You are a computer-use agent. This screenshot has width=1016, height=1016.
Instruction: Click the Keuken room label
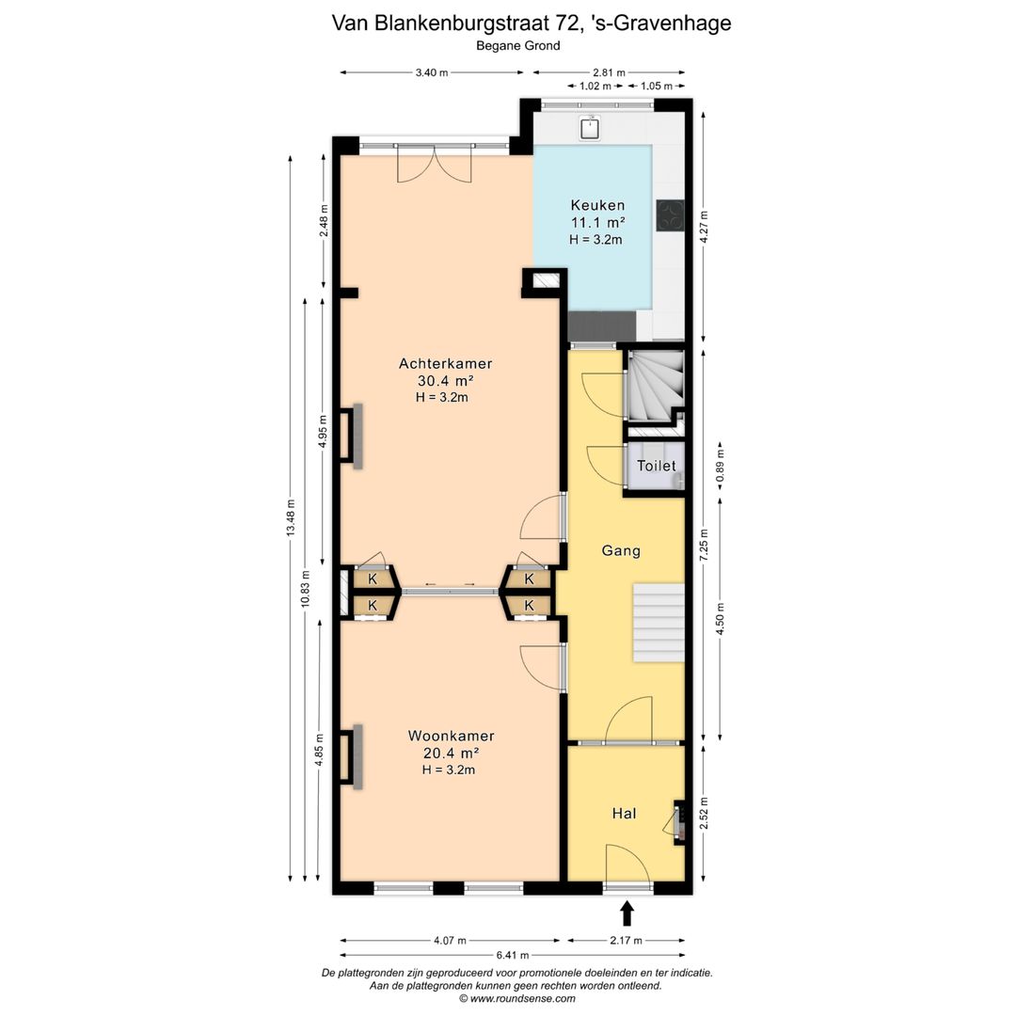pyautogui.click(x=597, y=205)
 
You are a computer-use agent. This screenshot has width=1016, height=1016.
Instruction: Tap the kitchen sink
pyautogui.click(x=590, y=128)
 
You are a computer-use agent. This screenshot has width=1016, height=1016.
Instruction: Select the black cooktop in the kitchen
pyautogui.click(x=670, y=215)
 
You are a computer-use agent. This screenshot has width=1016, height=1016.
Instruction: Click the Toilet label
pyautogui.click(x=656, y=466)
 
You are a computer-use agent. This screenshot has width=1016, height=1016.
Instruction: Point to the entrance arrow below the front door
pyautogui.click(x=627, y=913)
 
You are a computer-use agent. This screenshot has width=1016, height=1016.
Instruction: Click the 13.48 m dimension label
pyautogui.click(x=291, y=517)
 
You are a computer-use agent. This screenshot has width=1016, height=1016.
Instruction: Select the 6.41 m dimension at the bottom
pyautogui.click(x=513, y=955)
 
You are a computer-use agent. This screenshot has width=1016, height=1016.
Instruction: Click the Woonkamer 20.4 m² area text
pyautogui.click(x=451, y=753)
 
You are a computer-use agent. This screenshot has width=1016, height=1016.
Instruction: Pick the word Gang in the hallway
pyautogui.click(x=621, y=550)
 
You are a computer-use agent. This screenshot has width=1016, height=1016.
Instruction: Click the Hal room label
pyautogui.click(x=624, y=813)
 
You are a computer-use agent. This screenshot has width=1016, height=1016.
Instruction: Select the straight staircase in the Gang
pyautogui.click(x=659, y=623)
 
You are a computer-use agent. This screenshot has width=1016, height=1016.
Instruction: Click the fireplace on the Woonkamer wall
pyautogui.click(x=351, y=756)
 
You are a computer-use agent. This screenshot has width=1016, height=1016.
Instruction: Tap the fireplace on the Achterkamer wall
pyautogui.click(x=351, y=437)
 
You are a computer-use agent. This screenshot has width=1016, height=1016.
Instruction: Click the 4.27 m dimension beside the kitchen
pyautogui.click(x=705, y=227)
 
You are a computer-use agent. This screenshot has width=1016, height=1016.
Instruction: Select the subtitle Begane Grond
pyautogui.click(x=517, y=46)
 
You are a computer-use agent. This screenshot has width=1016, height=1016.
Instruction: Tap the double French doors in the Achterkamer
pyautogui.click(x=434, y=165)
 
